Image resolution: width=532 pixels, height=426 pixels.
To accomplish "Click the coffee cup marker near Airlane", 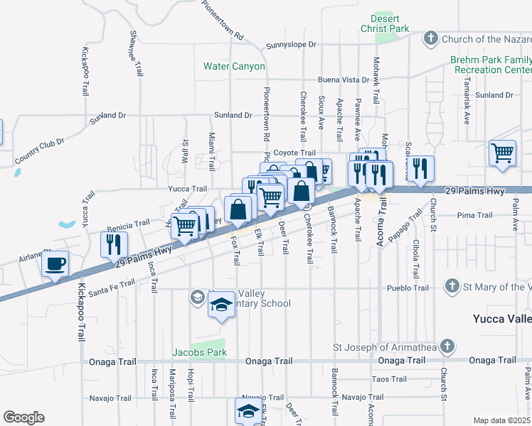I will click(55, 265).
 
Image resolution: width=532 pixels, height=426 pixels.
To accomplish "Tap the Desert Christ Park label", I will click(390, 23).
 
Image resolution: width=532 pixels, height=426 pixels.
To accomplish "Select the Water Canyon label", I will click(234, 66).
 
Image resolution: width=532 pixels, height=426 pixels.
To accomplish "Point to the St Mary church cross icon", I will click(450, 286).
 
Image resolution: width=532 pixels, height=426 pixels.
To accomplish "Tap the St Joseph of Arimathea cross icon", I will click(446, 346).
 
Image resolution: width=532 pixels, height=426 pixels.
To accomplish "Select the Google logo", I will click(23, 417).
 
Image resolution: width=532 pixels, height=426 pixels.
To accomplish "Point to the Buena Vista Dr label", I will click(344, 80).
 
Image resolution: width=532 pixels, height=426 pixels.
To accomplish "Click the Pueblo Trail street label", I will click(408, 288).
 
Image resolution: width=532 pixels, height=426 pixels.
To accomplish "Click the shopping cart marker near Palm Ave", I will click(503, 153).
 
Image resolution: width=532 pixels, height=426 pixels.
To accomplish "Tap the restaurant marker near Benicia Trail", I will click(114, 244).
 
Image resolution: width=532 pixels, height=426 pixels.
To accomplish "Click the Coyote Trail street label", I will click(294, 153).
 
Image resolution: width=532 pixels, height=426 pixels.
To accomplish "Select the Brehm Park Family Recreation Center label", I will click(491, 66).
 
